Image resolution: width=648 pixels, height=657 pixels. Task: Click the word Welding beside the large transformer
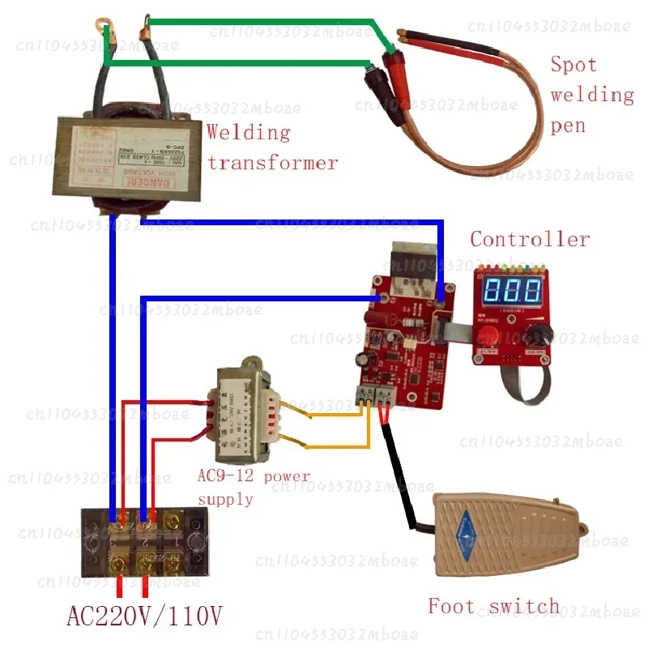coord(248,132)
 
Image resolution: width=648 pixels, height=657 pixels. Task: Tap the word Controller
coord(530,239)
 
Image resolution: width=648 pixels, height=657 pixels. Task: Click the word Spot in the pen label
coord(573,65)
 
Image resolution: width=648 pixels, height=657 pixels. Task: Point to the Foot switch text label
coord(493,606)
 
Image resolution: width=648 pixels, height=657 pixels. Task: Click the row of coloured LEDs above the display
coord(510,266)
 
